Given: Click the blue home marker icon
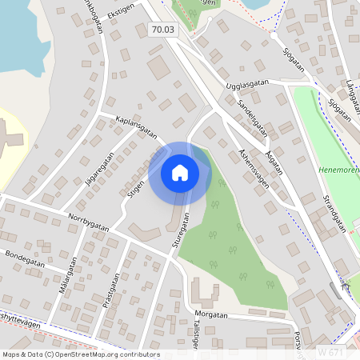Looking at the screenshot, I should pos(180,173).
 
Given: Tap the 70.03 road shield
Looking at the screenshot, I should pos(162,30).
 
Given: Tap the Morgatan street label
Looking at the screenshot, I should pos(210,314).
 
